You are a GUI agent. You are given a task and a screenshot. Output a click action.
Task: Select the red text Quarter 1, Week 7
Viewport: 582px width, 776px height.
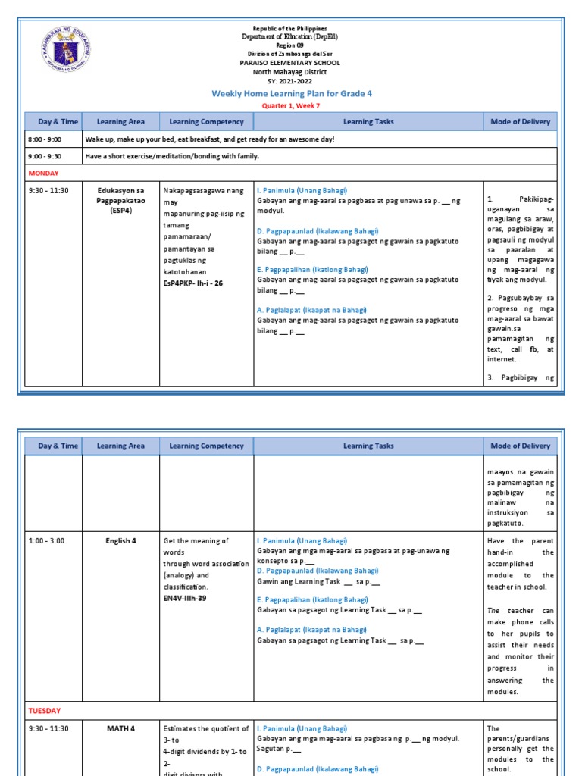coord(291,106)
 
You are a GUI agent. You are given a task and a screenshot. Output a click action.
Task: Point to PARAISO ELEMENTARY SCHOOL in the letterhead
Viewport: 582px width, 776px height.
coord(291,63)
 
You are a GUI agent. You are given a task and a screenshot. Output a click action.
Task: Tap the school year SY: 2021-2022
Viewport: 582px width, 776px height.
coord(291,80)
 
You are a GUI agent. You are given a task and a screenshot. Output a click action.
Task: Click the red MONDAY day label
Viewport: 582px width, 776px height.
coord(43,173)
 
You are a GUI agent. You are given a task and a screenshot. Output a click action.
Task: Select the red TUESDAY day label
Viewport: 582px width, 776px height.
coord(45,711)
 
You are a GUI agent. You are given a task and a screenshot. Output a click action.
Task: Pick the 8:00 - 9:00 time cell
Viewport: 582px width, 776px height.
coord(45,139)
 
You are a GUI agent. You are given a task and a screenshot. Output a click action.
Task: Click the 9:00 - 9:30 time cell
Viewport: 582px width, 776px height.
coord(45,156)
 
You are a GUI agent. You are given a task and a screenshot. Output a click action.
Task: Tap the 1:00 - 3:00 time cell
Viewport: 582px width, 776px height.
coord(45,541)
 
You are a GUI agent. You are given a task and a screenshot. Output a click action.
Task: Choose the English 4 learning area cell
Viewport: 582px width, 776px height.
coord(120,541)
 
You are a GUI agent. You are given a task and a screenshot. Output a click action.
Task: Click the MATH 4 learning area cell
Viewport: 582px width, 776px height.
coord(120,729)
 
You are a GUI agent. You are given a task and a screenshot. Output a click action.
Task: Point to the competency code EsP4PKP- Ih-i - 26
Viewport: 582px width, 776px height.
coord(192,283)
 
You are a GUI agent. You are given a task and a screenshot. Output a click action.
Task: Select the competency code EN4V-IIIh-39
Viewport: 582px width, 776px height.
coord(184,598)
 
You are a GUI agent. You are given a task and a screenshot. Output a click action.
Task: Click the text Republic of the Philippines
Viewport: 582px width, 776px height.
coord(291,28)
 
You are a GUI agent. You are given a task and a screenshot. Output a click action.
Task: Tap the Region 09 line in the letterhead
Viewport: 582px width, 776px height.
coord(291,45)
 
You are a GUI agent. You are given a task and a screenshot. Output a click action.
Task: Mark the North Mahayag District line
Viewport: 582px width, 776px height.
coord(291,72)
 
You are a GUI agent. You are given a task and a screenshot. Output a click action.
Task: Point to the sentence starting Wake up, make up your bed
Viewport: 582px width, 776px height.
coord(209,139)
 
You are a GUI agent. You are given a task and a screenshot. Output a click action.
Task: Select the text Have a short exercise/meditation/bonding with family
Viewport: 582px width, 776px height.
coord(172,156)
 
